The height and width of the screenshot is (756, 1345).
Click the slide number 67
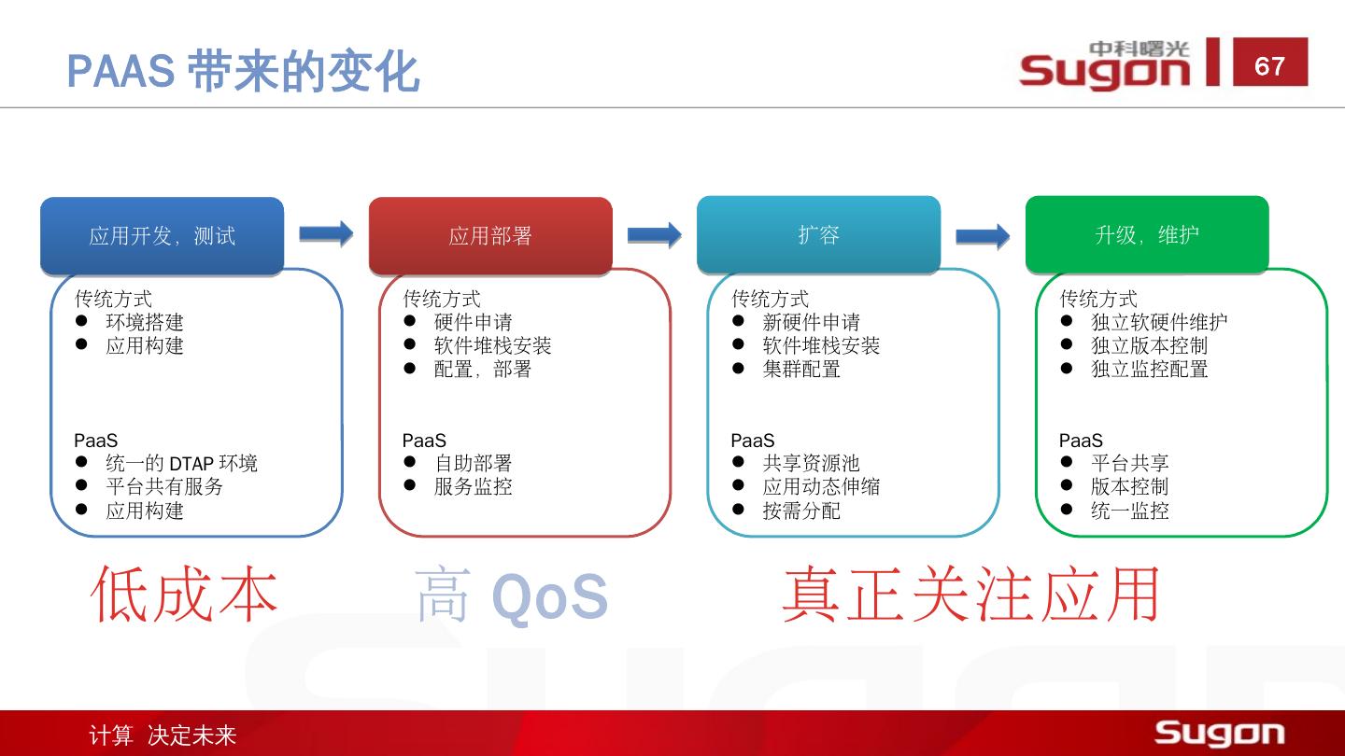(x=1269, y=65)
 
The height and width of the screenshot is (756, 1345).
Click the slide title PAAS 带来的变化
(x=243, y=71)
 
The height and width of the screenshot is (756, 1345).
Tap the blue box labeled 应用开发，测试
(x=162, y=236)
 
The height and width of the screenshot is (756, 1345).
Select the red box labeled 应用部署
(x=490, y=236)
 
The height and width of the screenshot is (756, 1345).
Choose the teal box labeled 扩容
(x=818, y=235)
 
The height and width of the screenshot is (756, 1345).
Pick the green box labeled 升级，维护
(x=1147, y=235)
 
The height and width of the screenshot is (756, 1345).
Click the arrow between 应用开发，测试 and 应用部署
(x=326, y=233)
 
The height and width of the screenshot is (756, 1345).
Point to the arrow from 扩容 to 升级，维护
(x=983, y=235)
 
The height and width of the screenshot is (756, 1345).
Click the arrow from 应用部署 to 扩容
(x=654, y=234)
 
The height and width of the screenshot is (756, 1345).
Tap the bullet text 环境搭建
(x=145, y=322)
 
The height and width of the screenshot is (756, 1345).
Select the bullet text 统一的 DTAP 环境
(x=181, y=463)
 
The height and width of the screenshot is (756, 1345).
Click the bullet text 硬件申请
(x=474, y=322)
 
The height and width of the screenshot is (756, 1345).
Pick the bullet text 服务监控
(x=474, y=486)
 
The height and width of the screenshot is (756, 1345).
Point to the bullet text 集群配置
(x=801, y=369)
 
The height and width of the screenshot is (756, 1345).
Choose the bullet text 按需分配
(x=801, y=511)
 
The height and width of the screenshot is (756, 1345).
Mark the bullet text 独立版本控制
(x=1150, y=345)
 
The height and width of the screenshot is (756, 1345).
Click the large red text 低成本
(x=185, y=595)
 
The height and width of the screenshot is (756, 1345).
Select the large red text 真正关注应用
(x=970, y=595)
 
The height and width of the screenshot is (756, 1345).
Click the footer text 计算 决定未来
(x=163, y=735)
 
